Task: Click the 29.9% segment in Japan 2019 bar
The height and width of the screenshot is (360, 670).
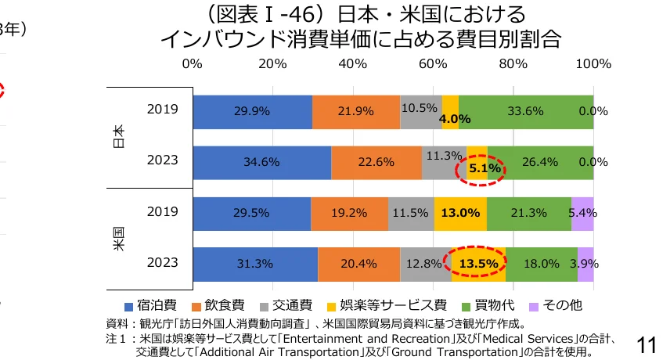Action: pyautogui.click(x=252, y=111)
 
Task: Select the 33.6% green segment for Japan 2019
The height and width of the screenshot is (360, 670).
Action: pyautogui.click(x=525, y=111)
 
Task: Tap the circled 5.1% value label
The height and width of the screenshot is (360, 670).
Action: pyautogui.click(x=478, y=167)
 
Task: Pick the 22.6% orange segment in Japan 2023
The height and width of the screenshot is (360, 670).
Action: pyautogui.click(x=376, y=162)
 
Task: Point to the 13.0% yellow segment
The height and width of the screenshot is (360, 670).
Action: pyautogui.click(x=460, y=213)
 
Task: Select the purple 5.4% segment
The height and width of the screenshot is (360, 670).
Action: pyautogui.click(x=582, y=213)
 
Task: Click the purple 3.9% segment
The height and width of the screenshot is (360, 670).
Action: pyautogui.click(x=585, y=264)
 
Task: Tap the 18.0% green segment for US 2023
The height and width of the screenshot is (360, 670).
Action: pyautogui.click(x=541, y=264)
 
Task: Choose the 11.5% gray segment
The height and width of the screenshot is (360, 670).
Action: pyautogui.click(x=411, y=213)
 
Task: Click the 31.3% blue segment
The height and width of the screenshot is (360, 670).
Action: pyautogui.click(x=255, y=264)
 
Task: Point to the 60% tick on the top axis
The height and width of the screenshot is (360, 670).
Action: pyautogui.click(x=432, y=63)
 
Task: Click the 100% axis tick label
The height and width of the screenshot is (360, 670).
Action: pyautogui.click(x=593, y=63)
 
